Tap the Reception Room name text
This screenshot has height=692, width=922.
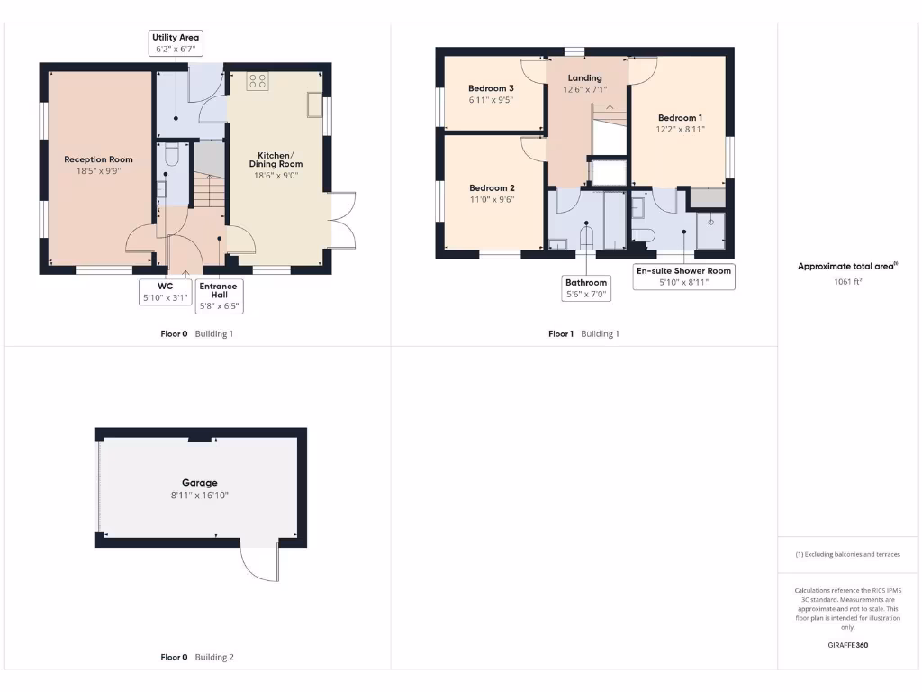tap(98, 159)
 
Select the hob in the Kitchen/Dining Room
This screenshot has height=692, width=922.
tap(257, 81)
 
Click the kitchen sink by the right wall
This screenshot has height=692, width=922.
tap(314, 105)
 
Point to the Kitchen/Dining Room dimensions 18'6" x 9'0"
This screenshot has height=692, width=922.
tap(276, 176)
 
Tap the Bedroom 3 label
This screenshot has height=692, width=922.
tap(491, 88)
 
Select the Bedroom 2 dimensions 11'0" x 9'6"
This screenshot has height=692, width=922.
tap(492, 200)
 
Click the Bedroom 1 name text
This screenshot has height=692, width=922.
tap(680, 118)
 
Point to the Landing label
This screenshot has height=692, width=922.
tap(584, 77)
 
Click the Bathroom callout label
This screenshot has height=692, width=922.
tap(586, 288)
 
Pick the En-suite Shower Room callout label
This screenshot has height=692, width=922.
tap(683, 277)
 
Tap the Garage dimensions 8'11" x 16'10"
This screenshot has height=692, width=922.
tap(200, 496)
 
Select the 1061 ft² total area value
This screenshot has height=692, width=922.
tap(847, 280)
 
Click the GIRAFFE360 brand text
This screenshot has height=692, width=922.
tap(847, 645)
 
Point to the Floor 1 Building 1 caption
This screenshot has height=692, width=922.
tap(583, 334)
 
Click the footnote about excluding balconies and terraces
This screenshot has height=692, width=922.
tap(847, 554)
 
